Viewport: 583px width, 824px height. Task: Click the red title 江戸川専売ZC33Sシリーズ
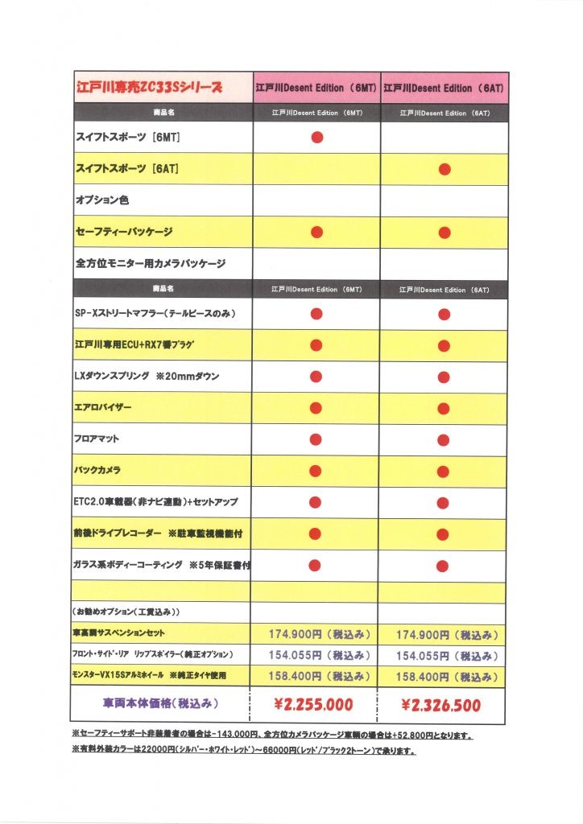148,87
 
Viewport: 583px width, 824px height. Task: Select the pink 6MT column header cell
316,87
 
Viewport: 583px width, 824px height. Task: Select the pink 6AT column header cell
444,87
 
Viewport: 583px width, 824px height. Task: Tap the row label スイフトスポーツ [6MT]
127,138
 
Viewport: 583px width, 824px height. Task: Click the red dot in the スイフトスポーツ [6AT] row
444,170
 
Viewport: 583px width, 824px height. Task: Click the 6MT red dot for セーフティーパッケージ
316,233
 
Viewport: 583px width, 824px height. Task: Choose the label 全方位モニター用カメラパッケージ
151,263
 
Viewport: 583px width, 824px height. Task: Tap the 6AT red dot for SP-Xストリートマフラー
444,314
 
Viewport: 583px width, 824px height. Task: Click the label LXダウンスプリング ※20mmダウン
147,377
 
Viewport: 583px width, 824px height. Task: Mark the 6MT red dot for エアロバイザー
316,408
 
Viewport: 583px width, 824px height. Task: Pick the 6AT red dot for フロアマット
444,439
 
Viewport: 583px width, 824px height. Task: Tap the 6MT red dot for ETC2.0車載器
316,502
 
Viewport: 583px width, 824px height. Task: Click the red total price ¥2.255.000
314,705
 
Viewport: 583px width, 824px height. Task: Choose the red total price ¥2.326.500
441,706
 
